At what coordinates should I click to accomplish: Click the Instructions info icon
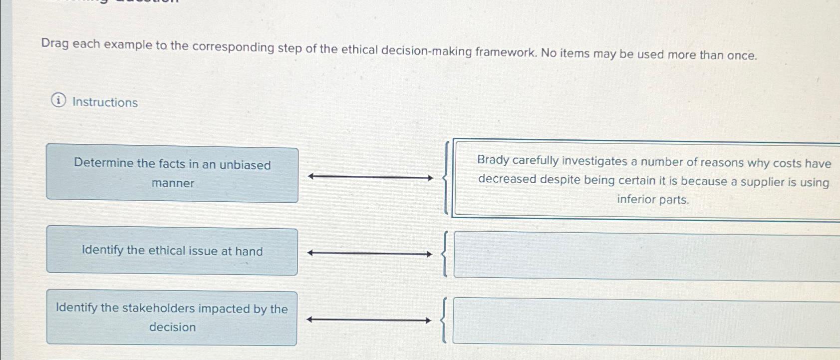[x=58, y=101]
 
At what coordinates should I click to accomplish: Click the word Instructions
[x=105, y=102]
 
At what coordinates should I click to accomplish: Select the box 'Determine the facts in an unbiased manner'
[x=172, y=174]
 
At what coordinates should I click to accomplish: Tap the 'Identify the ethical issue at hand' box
[x=172, y=251]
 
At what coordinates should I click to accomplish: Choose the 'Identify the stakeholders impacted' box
[x=172, y=318]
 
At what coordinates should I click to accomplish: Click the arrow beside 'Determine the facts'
[x=370, y=177]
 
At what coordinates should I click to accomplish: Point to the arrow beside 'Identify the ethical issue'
[x=370, y=254]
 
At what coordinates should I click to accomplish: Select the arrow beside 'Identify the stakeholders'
[x=369, y=320]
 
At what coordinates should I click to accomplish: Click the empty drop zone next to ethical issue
[x=646, y=256]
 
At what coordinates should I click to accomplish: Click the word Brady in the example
[x=493, y=160]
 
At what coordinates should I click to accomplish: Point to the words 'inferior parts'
[x=652, y=200]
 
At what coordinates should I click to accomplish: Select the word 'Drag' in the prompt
[x=55, y=43]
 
